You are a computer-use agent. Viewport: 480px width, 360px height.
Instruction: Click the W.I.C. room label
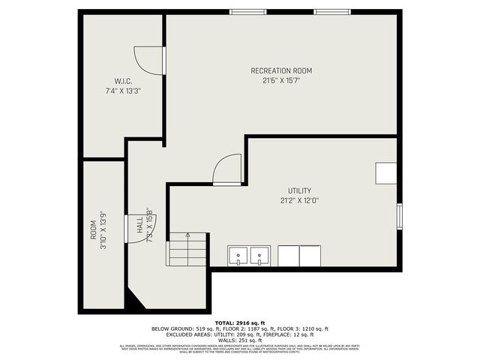pyautogui.click(x=124, y=81)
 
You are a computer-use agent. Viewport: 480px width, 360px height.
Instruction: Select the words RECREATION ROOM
pyautogui.click(x=281, y=70)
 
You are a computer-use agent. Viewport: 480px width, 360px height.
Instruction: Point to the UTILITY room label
pyautogui.click(x=299, y=190)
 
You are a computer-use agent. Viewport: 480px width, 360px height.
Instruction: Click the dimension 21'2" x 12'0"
pyautogui.click(x=299, y=200)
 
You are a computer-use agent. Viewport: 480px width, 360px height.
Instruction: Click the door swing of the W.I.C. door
pyautogui.click(x=148, y=59)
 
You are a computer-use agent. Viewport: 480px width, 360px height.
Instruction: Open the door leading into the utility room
pyautogui.click(x=226, y=169)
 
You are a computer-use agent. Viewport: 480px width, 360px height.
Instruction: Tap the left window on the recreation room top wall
pyautogui.click(x=247, y=12)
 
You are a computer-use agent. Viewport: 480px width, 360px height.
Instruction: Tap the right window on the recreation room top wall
pyautogui.click(x=331, y=12)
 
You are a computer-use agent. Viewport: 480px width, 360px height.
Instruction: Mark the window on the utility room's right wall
pyautogui.click(x=399, y=216)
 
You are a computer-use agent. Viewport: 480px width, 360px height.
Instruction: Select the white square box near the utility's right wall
pyautogui.click(x=386, y=173)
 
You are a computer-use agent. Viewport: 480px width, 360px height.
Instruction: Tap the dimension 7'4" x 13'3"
pyautogui.click(x=124, y=90)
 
